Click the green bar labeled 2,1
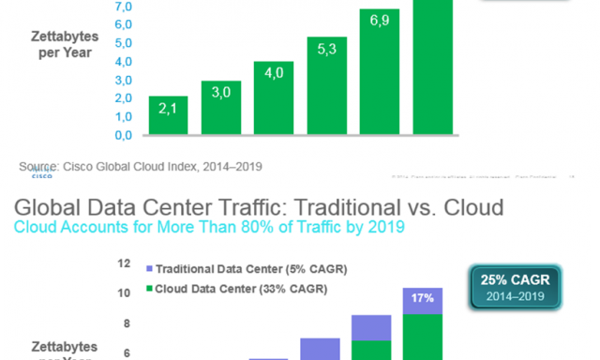pyautogui.click(x=168, y=114)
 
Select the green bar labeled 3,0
pyautogui.click(x=221, y=107)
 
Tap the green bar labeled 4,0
pyautogui.click(x=274, y=97)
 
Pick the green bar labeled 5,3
pyautogui.click(x=327, y=85)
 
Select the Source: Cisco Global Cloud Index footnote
pyautogui.click(x=141, y=166)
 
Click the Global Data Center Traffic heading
pyautogui.click(x=258, y=207)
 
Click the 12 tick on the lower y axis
pyautogui.click(x=124, y=264)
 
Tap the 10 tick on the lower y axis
pyautogui.click(x=124, y=293)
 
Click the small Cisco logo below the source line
pyautogui.click(x=42, y=175)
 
